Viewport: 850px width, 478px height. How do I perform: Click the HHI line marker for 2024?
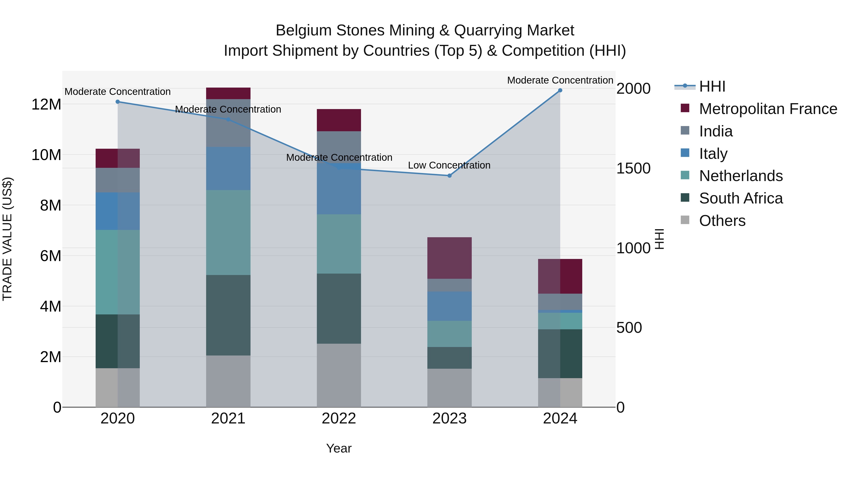tap(560, 90)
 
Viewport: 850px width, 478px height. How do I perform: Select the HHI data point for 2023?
tap(449, 176)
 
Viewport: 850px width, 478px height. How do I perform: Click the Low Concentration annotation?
tap(449, 165)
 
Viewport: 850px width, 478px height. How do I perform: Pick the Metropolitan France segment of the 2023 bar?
tap(449, 258)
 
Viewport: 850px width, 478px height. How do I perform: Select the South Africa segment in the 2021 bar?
tap(228, 315)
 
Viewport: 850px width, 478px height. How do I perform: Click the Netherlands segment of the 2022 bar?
tap(339, 244)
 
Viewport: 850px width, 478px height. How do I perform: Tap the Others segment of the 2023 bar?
tap(449, 388)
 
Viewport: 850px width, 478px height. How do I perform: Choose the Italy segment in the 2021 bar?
tap(228, 168)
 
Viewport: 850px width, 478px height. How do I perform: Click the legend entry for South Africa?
tap(740, 198)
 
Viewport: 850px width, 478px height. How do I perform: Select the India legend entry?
tap(716, 131)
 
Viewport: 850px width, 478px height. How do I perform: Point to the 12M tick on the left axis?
tap(46, 105)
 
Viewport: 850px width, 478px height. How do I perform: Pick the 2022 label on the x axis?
tap(339, 419)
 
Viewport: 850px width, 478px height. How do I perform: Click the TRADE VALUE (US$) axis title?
tap(7, 239)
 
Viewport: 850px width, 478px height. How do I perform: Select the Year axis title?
tap(339, 448)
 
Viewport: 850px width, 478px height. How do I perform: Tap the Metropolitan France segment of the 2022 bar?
tap(339, 120)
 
